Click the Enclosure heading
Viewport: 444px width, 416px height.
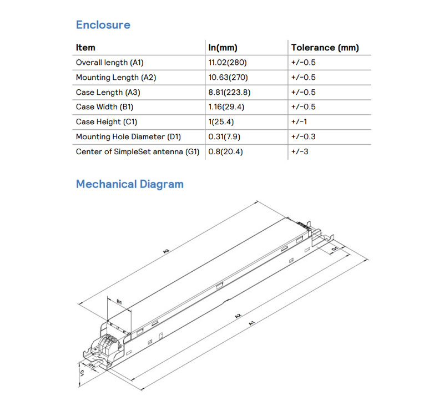pyautogui.click(x=103, y=25)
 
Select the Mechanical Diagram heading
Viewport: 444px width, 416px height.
pyautogui.click(x=129, y=184)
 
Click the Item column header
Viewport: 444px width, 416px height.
pyautogui.click(x=85, y=48)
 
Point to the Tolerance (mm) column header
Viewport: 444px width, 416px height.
pyautogui.click(x=325, y=48)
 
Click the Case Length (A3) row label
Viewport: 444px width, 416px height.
pyautogui.click(x=108, y=92)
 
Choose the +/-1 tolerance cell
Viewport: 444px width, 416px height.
pyautogui.click(x=299, y=122)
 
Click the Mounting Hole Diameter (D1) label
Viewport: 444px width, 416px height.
pyautogui.click(x=128, y=136)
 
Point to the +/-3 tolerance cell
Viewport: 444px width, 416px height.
pyautogui.click(x=299, y=151)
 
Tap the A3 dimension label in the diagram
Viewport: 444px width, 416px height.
pyautogui.click(x=166, y=251)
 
